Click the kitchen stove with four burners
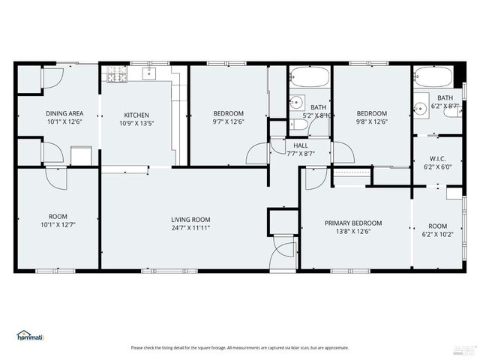pyautogui.click(x=116, y=74)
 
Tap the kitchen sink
pyautogui.click(x=148, y=73)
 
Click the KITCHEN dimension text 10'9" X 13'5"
pyautogui.click(x=136, y=123)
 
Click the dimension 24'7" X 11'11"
pyautogui.click(x=190, y=228)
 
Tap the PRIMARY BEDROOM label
pyautogui.click(x=353, y=223)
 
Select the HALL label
pyautogui.click(x=301, y=145)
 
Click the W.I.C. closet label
pyautogui.click(x=437, y=158)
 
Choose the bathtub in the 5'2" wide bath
pyautogui.click(x=309, y=77)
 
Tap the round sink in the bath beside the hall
pyautogui.click(x=297, y=103)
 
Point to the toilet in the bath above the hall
pyautogui.click(x=298, y=124)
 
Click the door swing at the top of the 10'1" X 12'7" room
pyautogui.click(x=56, y=178)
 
